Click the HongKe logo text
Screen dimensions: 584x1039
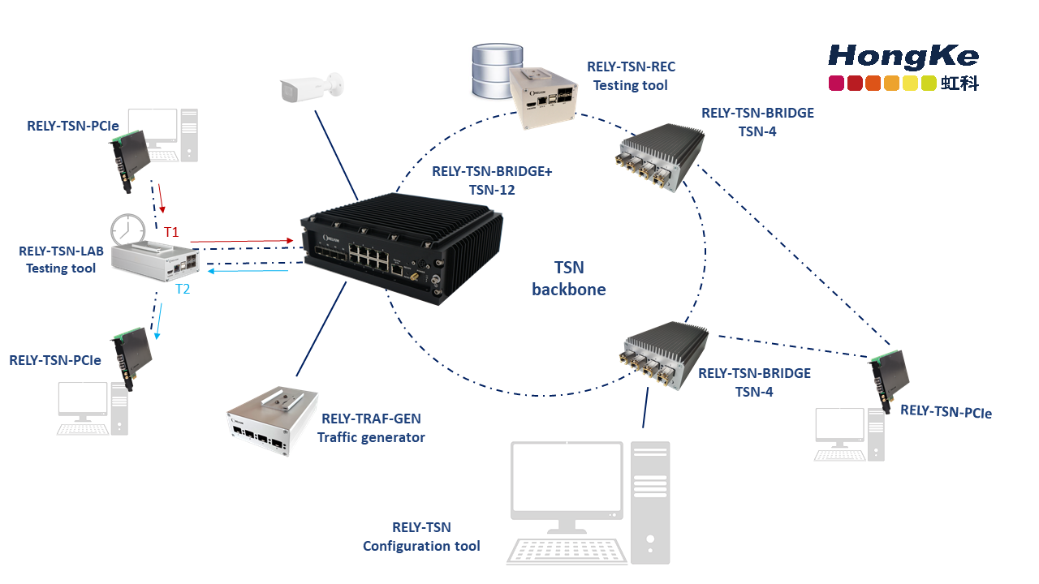pyautogui.click(x=903, y=56)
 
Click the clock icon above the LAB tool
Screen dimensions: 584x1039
pyautogui.click(x=127, y=230)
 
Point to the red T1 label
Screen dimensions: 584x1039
pyautogui.click(x=171, y=232)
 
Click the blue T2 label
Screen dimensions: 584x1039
pyautogui.click(x=183, y=288)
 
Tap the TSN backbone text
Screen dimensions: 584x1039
pyautogui.click(x=568, y=278)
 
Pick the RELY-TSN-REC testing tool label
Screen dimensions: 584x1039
pyautogui.click(x=631, y=75)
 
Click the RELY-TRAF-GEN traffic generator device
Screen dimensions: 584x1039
pyautogui.click(x=270, y=420)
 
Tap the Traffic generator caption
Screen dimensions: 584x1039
pyautogui.click(x=371, y=437)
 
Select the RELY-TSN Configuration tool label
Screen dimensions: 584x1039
pyautogui.click(x=421, y=537)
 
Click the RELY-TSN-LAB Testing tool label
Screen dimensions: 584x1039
pyautogui.click(x=61, y=260)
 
